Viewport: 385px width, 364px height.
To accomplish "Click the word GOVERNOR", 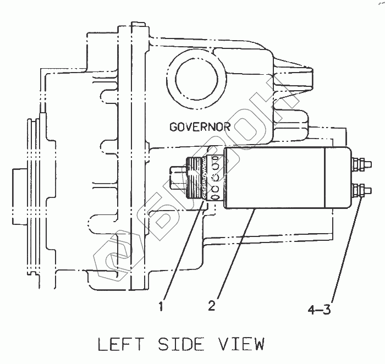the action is pyautogui.click(x=200, y=128).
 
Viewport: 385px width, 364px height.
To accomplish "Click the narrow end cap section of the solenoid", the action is pyautogui.click(x=338, y=177).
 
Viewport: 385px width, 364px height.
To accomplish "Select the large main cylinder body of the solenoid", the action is pyautogui.click(x=275, y=177).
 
